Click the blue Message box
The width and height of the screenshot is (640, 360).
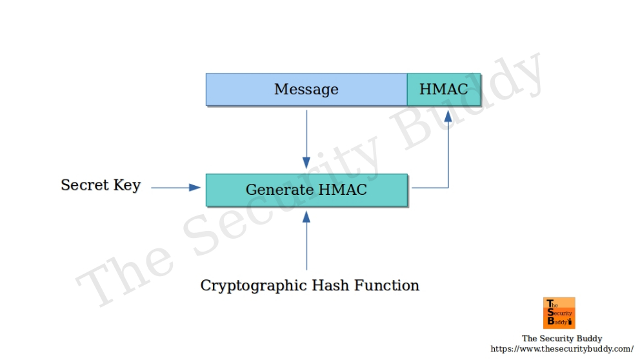point(306,89)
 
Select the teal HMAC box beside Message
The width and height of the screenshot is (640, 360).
point(444,89)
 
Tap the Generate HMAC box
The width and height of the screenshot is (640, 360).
point(306,190)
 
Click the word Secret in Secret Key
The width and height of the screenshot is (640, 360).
point(85,185)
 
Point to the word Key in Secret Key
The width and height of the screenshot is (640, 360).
point(126,186)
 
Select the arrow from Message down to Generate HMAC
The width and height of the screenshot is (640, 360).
point(306,139)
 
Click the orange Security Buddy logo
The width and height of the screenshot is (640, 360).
point(559,313)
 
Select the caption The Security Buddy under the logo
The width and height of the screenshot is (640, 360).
point(561,339)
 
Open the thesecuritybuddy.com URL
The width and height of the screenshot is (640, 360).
point(561,349)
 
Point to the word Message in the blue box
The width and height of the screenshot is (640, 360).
point(306,89)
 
